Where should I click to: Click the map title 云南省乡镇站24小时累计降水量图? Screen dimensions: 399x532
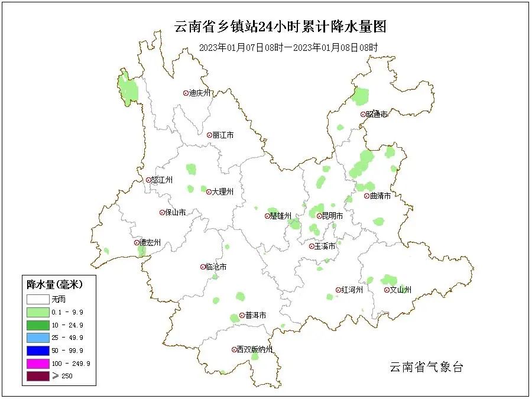coord(280,26)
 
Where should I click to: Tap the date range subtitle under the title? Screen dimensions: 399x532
coord(288,47)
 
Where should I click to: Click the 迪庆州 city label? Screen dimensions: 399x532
coord(200,93)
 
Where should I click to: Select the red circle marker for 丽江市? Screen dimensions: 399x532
coord(209,135)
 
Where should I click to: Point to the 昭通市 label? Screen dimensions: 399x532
coord(377,115)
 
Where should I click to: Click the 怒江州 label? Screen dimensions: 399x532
coord(162,180)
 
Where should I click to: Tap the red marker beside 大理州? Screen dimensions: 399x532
coord(209,192)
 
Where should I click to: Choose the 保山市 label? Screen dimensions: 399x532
coord(176,213)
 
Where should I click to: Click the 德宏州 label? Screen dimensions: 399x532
coord(150,243)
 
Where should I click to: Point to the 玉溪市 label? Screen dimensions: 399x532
coord(325,246)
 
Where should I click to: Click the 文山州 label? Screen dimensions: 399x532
coord(400,290)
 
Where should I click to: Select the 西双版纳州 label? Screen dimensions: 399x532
coord(255,350)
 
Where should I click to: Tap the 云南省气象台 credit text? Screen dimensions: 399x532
coord(426,367)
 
